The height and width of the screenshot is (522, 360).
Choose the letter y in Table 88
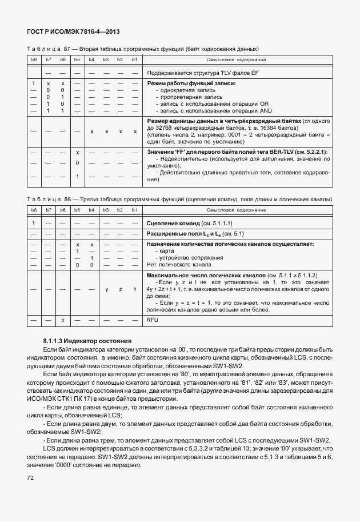tap(106, 290)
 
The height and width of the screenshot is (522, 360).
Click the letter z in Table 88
tap(120, 290)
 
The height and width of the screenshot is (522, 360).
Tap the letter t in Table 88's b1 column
tap(135, 290)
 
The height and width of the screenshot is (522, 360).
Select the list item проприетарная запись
tap(188, 98)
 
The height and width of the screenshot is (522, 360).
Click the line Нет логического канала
tap(179, 264)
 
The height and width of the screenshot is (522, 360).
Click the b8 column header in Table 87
tap(34, 59)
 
